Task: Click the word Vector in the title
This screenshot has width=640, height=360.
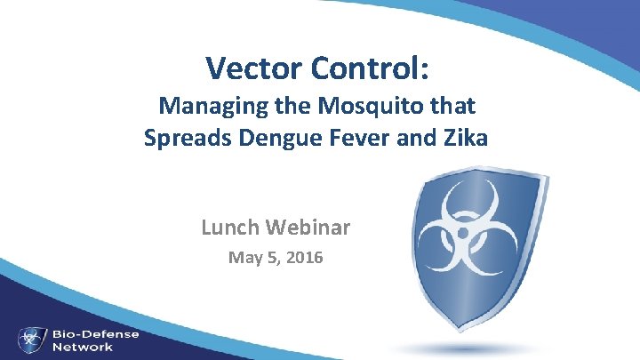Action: point(252,68)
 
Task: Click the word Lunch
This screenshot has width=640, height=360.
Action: point(231,228)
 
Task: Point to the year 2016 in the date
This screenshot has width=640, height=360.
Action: point(302,259)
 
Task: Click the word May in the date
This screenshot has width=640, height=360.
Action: point(244,259)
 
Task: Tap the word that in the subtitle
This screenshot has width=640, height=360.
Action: point(454,107)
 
